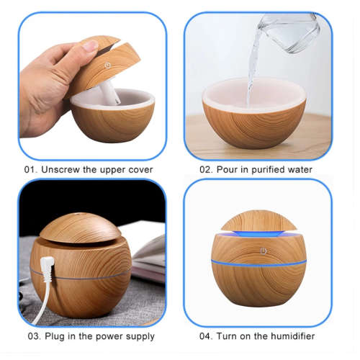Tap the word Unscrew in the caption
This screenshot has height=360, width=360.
click(x=63, y=170)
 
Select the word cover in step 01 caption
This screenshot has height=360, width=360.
click(x=139, y=170)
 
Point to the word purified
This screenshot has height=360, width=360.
click(x=266, y=170)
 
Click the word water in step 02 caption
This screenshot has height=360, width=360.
click(x=300, y=170)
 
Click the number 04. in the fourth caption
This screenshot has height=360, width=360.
click(x=207, y=336)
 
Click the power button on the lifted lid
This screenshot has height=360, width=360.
click(x=108, y=64)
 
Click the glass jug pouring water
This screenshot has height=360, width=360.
click(x=291, y=32)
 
